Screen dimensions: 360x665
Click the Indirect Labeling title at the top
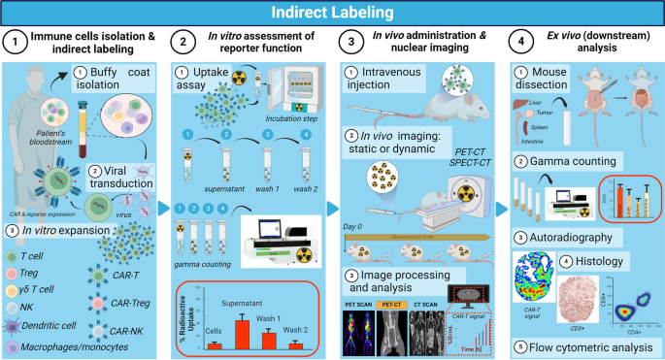[332, 13]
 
